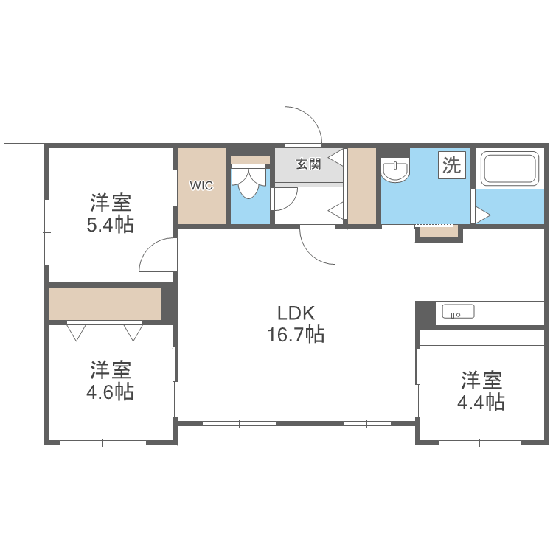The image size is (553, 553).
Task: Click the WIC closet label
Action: pos(201,186)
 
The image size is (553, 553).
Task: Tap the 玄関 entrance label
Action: pos(308,164)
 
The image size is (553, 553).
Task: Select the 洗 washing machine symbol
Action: pos(451,164)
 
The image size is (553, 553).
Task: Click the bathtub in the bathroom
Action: pos(509,169)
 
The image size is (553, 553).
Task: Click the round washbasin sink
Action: pos(396,172)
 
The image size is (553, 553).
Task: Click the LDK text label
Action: pos(295,313)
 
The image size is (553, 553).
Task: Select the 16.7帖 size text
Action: pos(295,335)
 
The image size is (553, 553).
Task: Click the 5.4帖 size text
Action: pos(111,224)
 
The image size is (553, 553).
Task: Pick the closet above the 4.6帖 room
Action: pos(105,303)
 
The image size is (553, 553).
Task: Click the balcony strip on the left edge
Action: pos(24,262)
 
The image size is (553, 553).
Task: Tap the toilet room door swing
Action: pos(284,198)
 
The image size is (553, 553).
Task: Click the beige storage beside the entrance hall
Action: pos(361,186)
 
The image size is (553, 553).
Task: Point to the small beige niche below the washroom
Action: pos(438,232)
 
